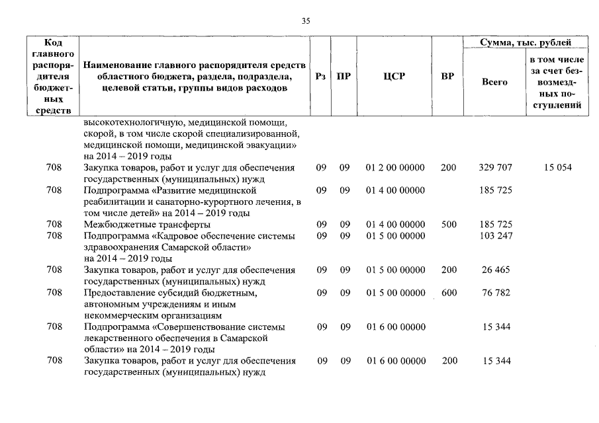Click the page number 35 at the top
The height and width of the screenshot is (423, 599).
pos(306,21)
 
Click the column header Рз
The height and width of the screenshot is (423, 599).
pos(321,76)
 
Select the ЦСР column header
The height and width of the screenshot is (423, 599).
pos(394,76)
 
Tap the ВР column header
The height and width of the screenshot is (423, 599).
pos(447,76)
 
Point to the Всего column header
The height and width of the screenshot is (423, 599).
pos(494,82)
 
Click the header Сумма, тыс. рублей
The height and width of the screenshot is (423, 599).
pos(525,43)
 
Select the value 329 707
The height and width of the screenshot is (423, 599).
pos(495,168)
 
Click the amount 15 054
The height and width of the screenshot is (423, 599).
pos(557,168)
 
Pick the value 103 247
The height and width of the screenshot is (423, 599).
pos(495,236)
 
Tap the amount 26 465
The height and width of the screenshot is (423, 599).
pos(495,270)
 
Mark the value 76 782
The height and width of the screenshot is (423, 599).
pos(495,292)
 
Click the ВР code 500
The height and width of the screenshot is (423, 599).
pos(448,225)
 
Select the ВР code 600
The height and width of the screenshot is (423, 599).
pos(448,292)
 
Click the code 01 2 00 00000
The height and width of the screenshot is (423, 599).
pos(394,168)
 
